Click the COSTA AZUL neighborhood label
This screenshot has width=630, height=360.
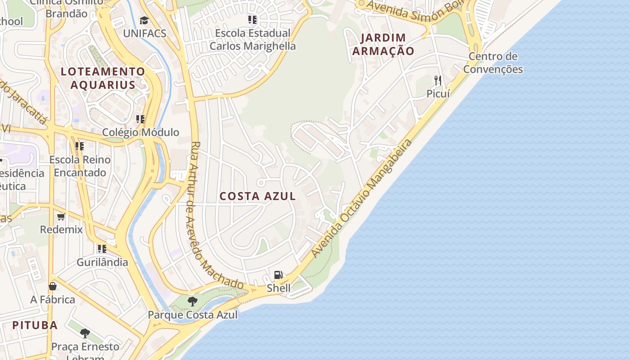258,196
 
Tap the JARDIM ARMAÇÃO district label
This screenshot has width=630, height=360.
383,44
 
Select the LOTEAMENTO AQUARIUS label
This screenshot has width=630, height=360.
103,78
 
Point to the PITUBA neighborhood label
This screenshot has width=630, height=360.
35,325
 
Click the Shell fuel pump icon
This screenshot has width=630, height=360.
279,275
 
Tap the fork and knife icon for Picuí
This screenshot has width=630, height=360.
438,81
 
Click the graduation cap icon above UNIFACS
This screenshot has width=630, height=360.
144,20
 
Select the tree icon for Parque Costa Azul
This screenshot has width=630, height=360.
193,301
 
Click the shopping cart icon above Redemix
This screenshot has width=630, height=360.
61,216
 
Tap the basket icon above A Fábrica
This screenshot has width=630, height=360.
53,286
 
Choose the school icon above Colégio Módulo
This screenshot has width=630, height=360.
140,119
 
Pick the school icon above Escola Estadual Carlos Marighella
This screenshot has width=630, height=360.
252,20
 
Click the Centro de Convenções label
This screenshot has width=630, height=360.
493,63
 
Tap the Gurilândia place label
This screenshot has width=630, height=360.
102,262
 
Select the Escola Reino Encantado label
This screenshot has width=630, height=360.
80,166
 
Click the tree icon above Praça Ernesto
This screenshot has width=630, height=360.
85,333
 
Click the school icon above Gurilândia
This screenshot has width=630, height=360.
102,249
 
